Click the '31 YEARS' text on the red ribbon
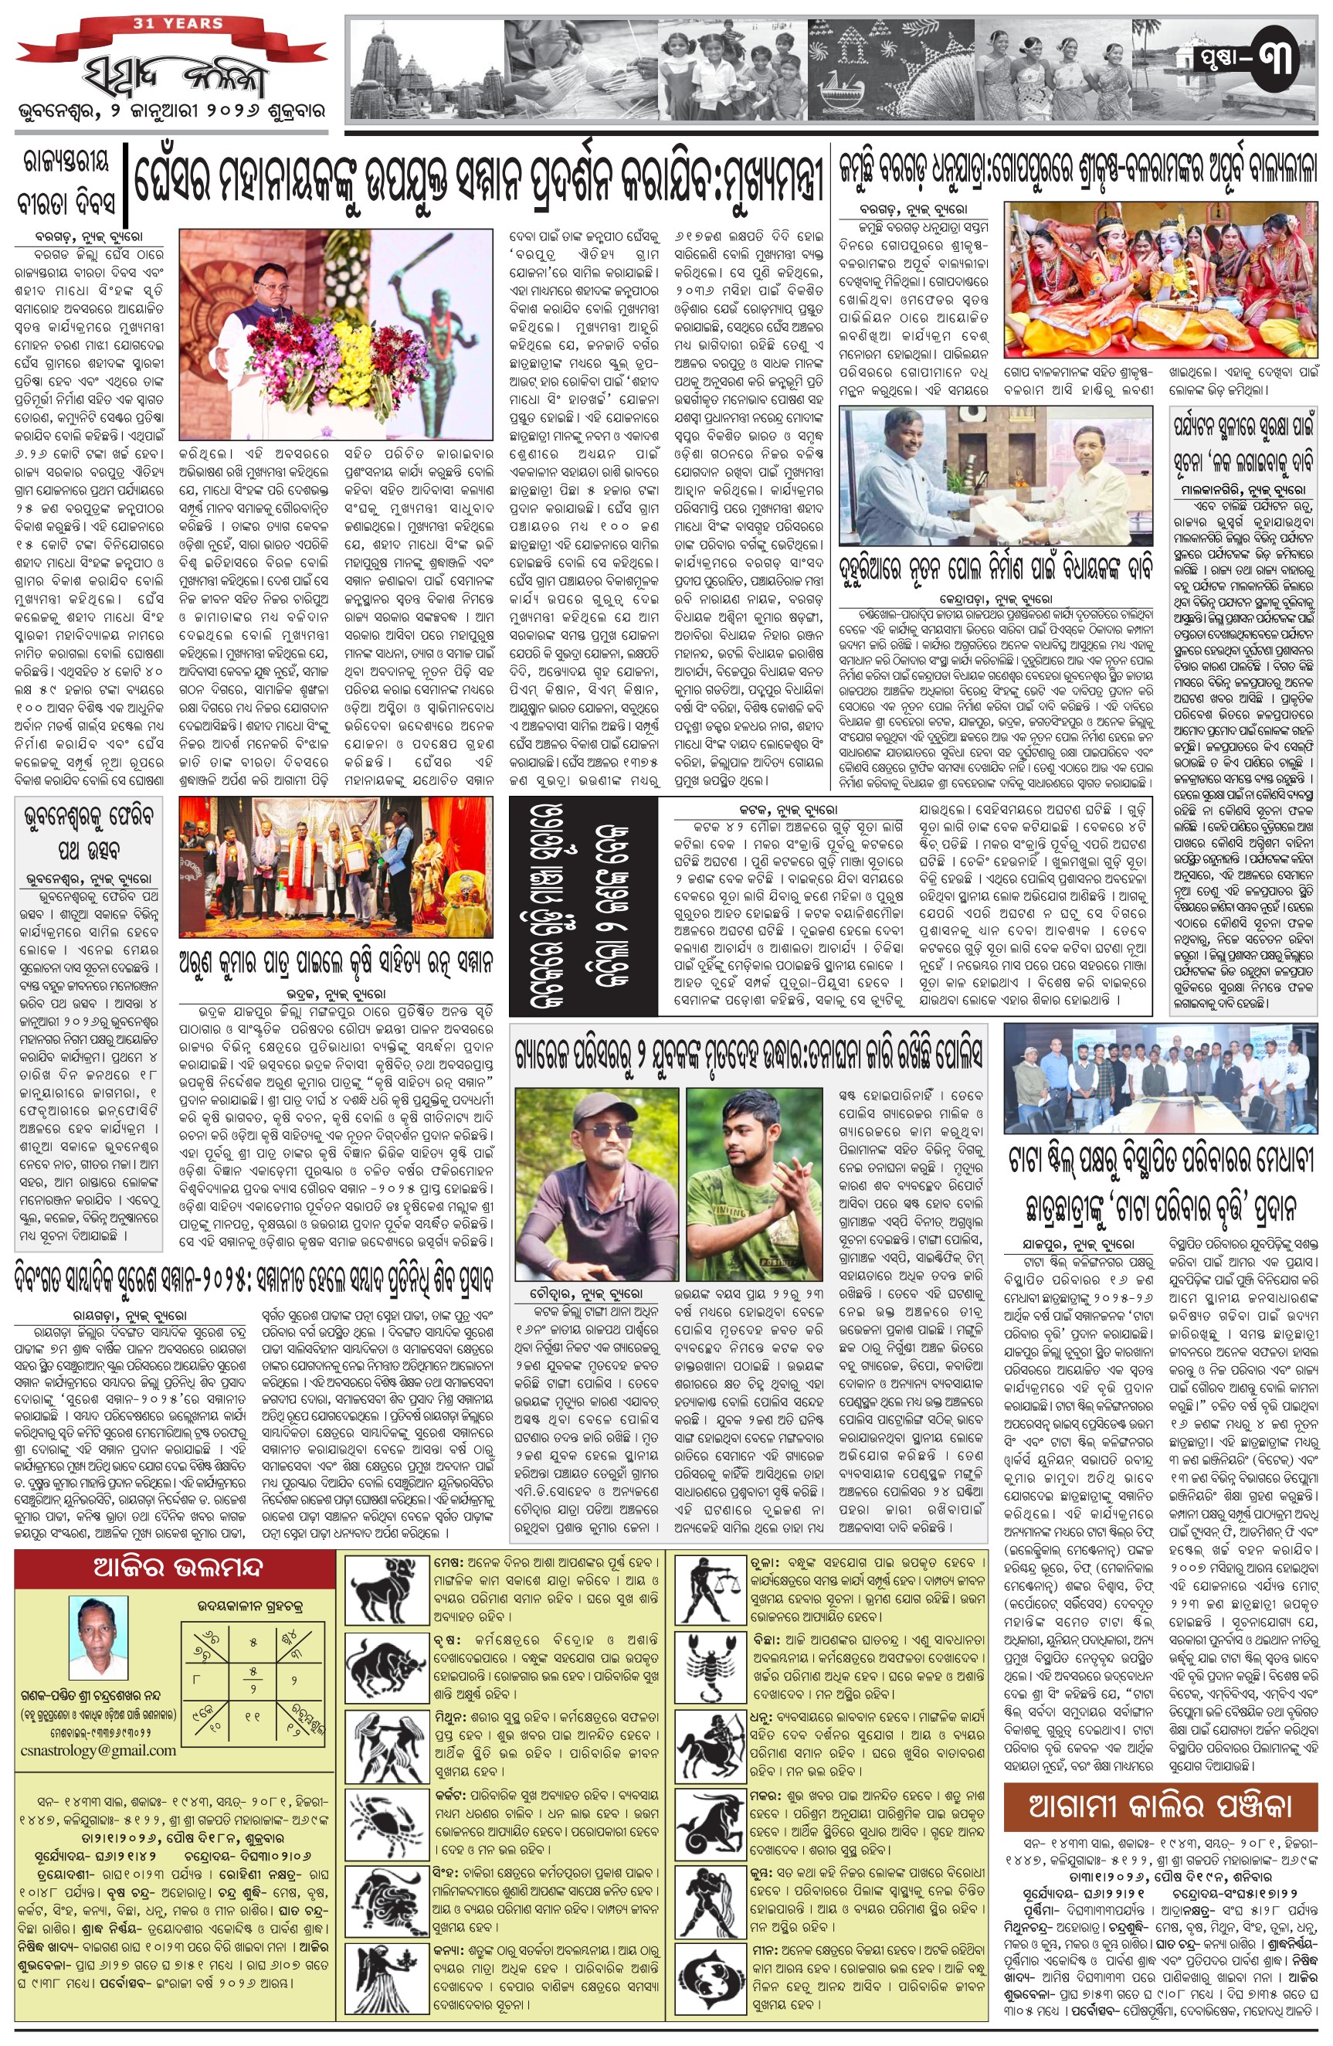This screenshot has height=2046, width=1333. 178,23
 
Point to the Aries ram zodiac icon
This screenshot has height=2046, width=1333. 386,1590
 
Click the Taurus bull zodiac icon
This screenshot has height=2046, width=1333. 386,1670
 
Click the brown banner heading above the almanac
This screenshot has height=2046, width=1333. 1159,1806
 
